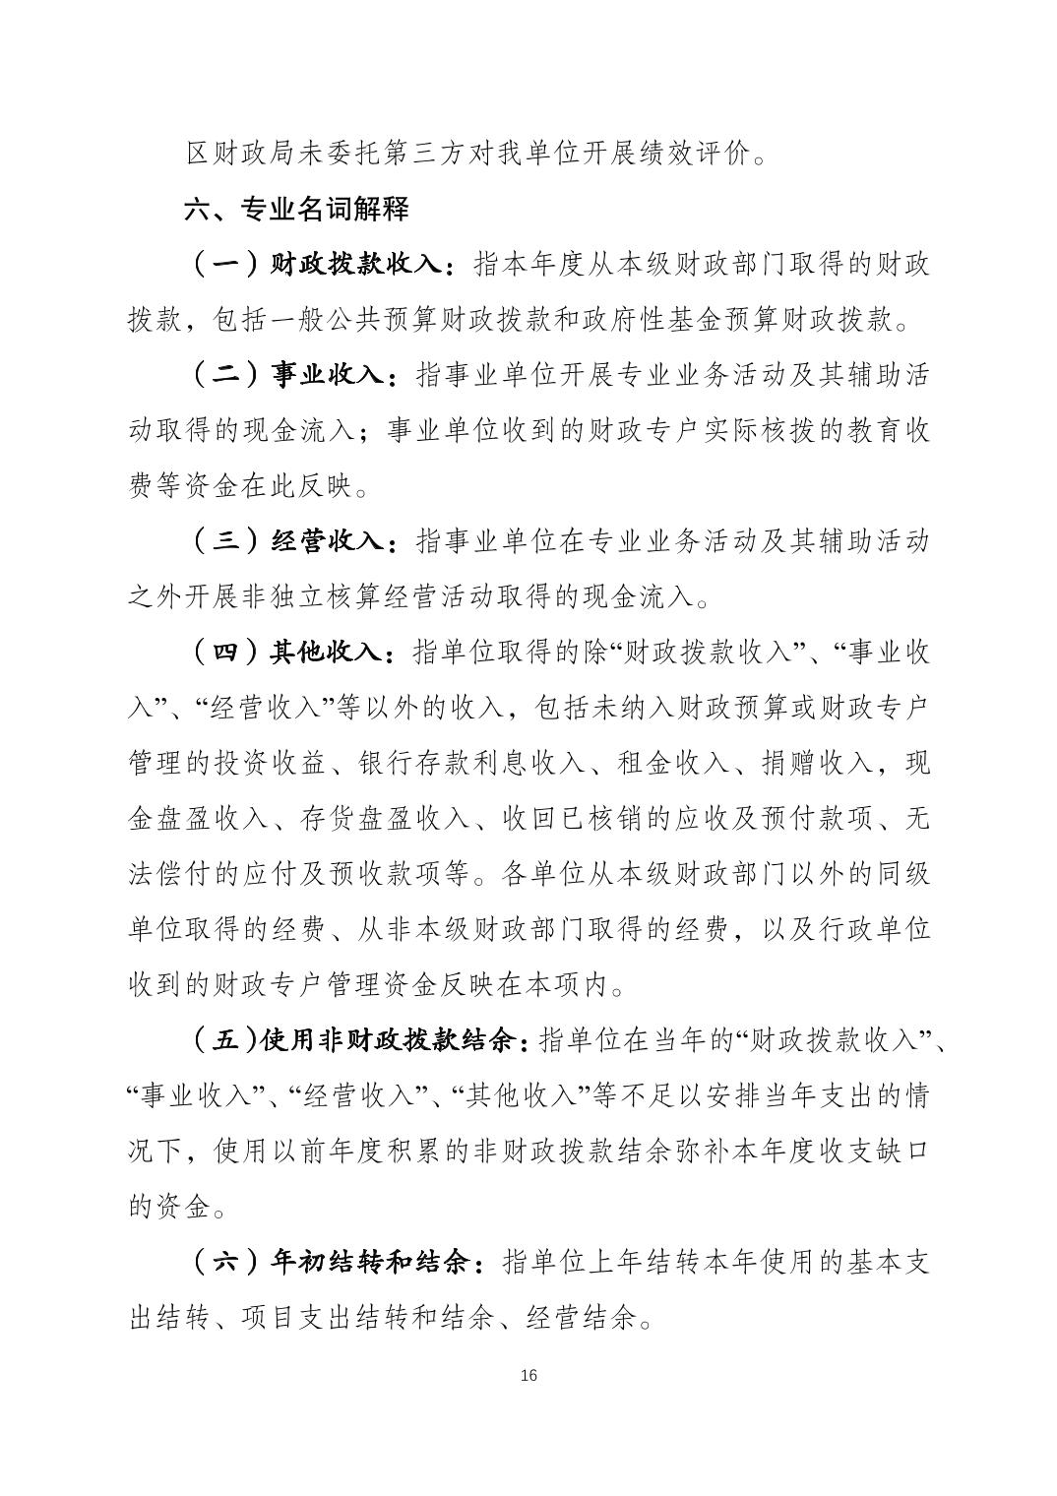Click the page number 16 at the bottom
528,1375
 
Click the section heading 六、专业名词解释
296,210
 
